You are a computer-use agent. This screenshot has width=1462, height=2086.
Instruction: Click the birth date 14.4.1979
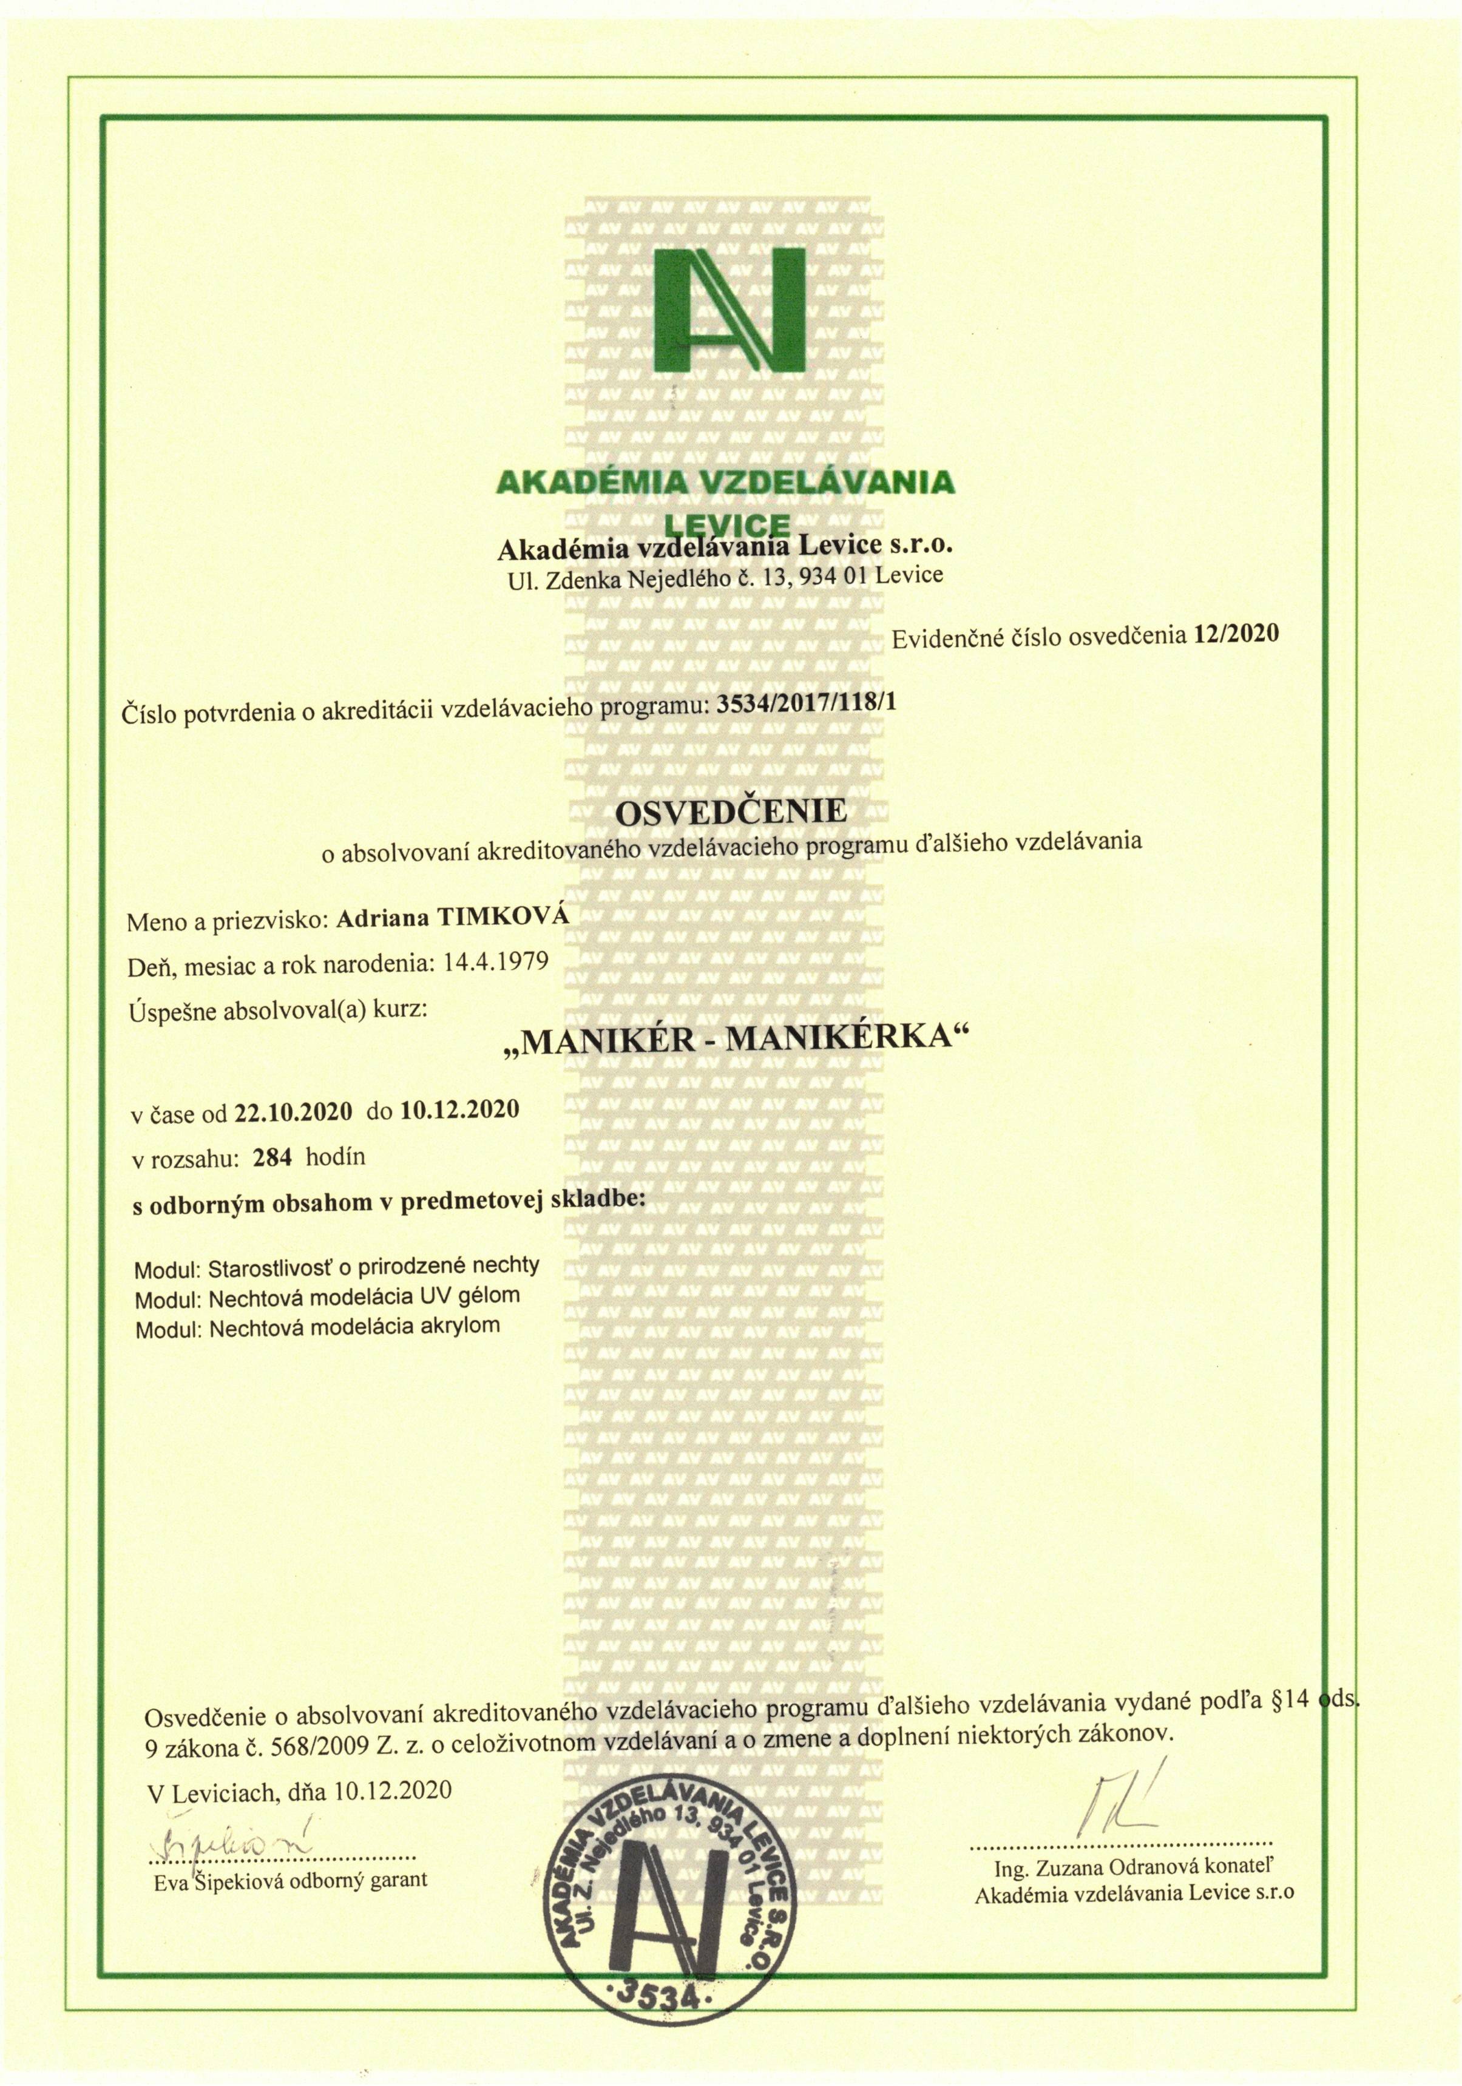click(x=495, y=961)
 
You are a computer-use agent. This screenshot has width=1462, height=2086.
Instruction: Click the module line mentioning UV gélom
click(x=327, y=1295)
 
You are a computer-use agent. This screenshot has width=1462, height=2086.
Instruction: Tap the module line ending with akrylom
click(x=317, y=1327)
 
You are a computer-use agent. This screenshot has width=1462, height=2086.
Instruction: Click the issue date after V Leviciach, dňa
click(x=393, y=1790)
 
